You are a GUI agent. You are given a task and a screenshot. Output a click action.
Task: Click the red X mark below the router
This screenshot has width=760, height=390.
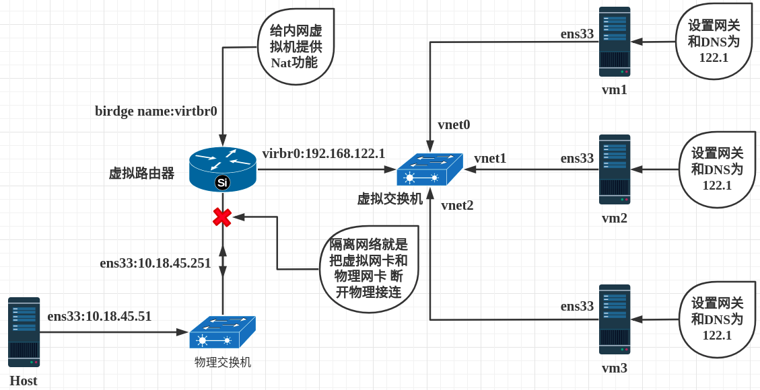pyautogui.click(x=222, y=217)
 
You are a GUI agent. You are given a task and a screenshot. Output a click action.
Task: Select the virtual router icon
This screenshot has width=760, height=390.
pyautogui.click(x=222, y=169)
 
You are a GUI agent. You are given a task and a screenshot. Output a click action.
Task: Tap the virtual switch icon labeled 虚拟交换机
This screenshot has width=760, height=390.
pyautogui.click(x=430, y=170)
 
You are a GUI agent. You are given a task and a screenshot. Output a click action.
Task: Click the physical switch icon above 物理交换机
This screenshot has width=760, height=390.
pyautogui.click(x=222, y=332)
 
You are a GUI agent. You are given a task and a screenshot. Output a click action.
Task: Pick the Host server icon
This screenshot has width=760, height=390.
pyautogui.click(x=24, y=332)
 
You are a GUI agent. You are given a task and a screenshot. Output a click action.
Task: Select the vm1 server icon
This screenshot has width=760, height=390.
pyautogui.click(x=615, y=42)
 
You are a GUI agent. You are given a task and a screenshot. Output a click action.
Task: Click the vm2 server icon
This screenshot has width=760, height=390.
pyautogui.click(x=615, y=169)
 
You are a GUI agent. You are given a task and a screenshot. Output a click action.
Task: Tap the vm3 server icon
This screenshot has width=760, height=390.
pyautogui.click(x=615, y=319)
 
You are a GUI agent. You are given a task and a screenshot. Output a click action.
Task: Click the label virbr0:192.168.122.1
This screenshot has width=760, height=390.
pyautogui.click(x=324, y=153)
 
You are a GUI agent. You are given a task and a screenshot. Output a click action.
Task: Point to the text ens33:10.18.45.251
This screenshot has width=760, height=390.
pyautogui.click(x=156, y=263)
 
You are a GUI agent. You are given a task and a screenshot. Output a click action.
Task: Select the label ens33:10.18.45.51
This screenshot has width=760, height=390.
pyautogui.click(x=100, y=317)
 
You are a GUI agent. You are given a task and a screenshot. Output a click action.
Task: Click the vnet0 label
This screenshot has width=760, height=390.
pyautogui.click(x=454, y=125)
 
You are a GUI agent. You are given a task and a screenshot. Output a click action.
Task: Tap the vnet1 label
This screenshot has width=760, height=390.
pyautogui.click(x=490, y=158)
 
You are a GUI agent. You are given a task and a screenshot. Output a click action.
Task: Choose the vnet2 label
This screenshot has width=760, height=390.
pyautogui.click(x=457, y=205)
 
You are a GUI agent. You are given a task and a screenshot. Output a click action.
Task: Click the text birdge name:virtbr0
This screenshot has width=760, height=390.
pyautogui.click(x=156, y=112)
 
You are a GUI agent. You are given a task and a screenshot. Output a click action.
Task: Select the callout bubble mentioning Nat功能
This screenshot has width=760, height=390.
pyautogui.click(x=296, y=46)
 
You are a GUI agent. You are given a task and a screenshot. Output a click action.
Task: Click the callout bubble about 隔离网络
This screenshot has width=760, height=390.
pyautogui.click(x=369, y=268)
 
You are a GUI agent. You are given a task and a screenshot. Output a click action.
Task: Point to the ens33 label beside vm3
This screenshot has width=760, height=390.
pyautogui.click(x=577, y=307)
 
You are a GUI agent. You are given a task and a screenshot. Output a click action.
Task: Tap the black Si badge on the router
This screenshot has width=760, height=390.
pyautogui.click(x=222, y=182)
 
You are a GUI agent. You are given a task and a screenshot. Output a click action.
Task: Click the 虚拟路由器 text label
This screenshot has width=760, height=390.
pyautogui.click(x=141, y=173)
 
